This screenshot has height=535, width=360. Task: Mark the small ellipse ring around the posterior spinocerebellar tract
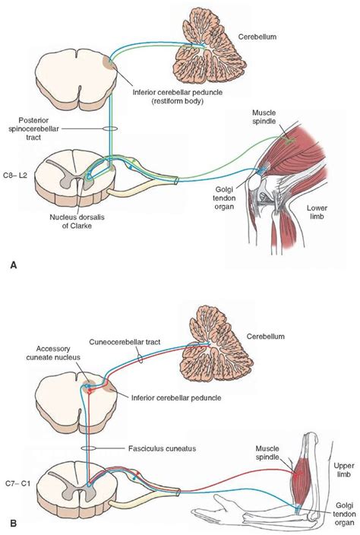[109, 129]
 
